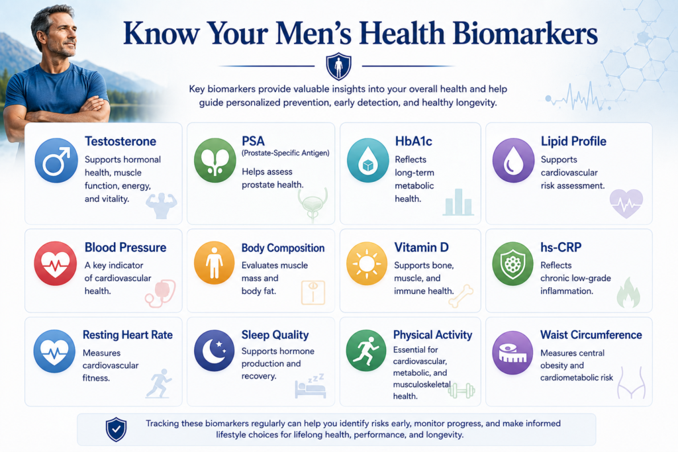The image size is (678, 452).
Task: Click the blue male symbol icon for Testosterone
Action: click(x=56, y=160)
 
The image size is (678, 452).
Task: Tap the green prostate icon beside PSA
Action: click(x=215, y=160)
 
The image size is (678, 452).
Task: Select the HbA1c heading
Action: click(x=413, y=142)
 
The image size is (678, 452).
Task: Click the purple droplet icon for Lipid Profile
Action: click(x=513, y=160)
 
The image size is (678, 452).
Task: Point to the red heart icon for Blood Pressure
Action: click(x=56, y=263)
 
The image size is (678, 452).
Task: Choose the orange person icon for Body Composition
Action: click(x=215, y=263)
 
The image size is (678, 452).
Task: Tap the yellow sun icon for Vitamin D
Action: click(x=367, y=263)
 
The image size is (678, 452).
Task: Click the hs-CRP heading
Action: click(x=561, y=247)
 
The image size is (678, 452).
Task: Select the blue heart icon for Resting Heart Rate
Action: click(x=54, y=351)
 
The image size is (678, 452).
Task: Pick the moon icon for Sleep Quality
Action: click(x=215, y=351)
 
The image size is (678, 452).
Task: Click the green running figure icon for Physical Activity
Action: click(x=365, y=351)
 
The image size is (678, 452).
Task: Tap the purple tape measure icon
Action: click(x=513, y=353)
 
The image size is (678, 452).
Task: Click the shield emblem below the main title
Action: click(x=338, y=67)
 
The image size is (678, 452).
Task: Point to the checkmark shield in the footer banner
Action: click(x=117, y=429)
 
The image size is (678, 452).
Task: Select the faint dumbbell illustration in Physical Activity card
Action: click(x=461, y=391)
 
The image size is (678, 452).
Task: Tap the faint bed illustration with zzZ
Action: click(x=310, y=386)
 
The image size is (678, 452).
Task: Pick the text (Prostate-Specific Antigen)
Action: click(x=285, y=153)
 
